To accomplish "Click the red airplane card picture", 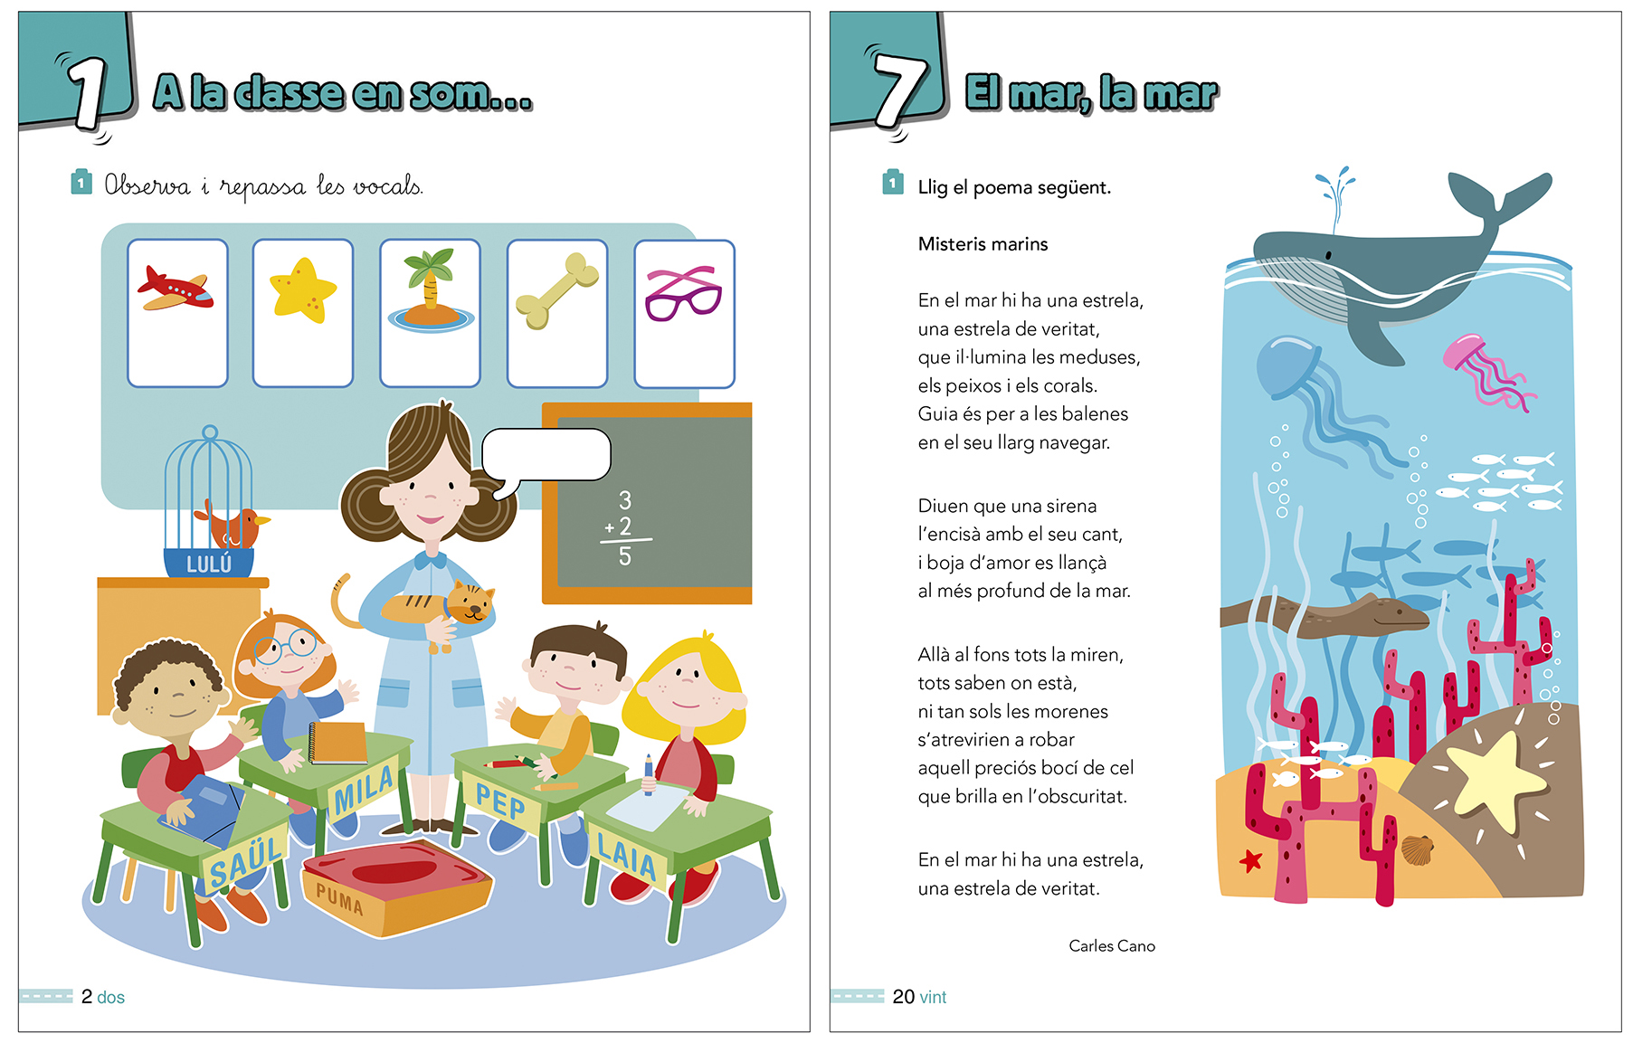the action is pyautogui.click(x=176, y=289).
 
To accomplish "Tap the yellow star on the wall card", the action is pyautogui.click(x=303, y=289).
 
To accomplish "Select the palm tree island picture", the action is pyautogui.click(x=431, y=291).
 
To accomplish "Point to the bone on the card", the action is pyautogui.click(x=557, y=290).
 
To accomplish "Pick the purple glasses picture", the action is pyautogui.click(x=683, y=293).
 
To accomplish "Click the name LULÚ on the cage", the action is pyautogui.click(x=209, y=564).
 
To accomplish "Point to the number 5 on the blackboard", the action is pyautogui.click(x=625, y=556).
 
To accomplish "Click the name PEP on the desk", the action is pyautogui.click(x=500, y=801).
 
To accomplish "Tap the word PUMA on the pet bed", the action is pyautogui.click(x=339, y=899).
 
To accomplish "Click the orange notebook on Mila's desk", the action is pyautogui.click(x=338, y=743).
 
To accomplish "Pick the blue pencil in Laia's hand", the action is pyautogui.click(x=649, y=774).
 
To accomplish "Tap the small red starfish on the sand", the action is pyautogui.click(x=1250, y=860).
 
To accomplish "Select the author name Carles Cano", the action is pyautogui.click(x=1112, y=945).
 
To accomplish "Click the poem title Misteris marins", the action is pyautogui.click(x=983, y=243).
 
